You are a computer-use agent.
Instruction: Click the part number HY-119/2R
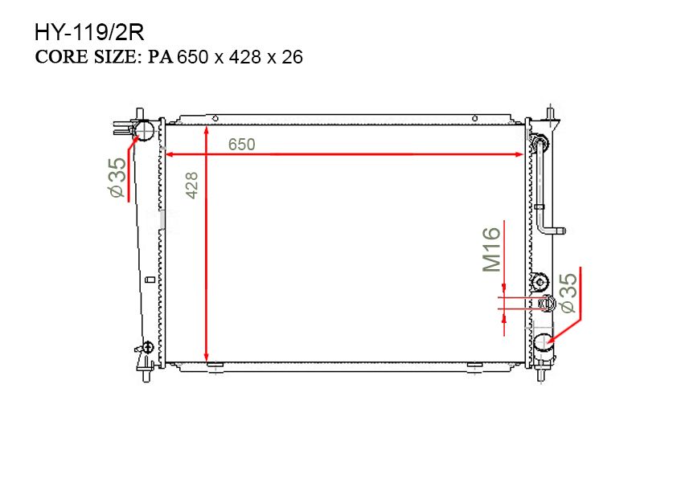(x=89, y=33)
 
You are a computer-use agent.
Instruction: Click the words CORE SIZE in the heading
(x=86, y=57)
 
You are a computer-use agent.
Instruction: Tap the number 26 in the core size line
(x=293, y=57)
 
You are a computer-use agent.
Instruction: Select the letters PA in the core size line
(x=161, y=57)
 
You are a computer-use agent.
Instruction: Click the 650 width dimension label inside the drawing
(x=241, y=145)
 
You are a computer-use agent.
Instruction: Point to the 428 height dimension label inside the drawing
(x=192, y=186)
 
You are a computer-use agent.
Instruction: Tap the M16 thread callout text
(x=491, y=250)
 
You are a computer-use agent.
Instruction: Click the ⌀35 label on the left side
(x=117, y=178)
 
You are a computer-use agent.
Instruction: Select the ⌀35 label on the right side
(x=568, y=292)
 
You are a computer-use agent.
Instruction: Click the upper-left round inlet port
(x=144, y=129)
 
